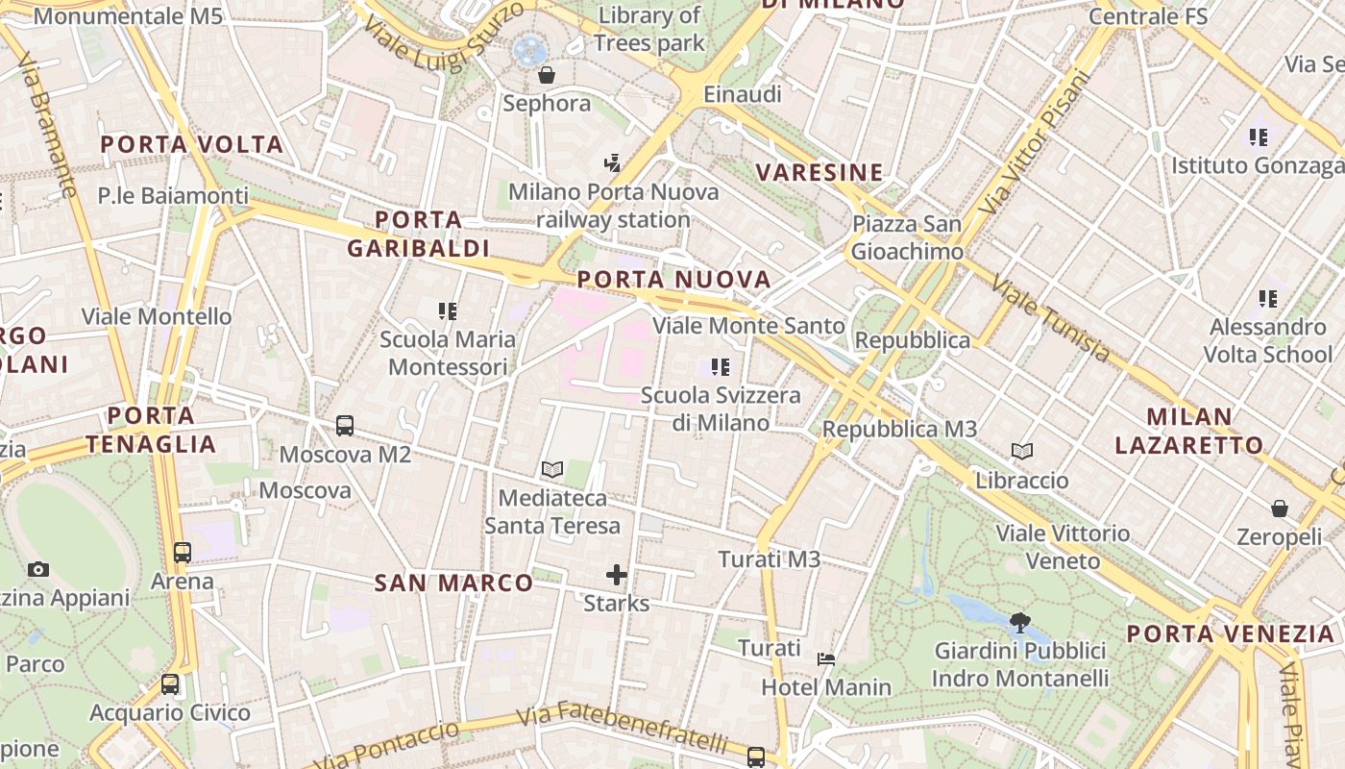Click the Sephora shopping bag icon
(x=547, y=75)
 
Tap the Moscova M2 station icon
(x=345, y=425)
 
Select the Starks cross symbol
(x=617, y=575)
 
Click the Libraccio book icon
(x=1022, y=451)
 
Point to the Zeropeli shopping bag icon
(x=1279, y=509)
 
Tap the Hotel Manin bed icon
(x=826, y=659)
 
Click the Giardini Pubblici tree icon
(x=1020, y=623)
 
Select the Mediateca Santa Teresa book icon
(x=551, y=469)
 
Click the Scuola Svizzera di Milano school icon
(x=721, y=366)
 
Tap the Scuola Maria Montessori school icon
(x=448, y=310)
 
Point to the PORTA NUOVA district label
(x=674, y=280)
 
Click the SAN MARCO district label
(x=453, y=583)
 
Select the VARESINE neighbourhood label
(x=819, y=173)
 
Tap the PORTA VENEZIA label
(x=1231, y=634)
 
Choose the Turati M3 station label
(x=770, y=558)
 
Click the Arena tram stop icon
(x=183, y=552)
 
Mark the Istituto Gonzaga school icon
(x=1259, y=137)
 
